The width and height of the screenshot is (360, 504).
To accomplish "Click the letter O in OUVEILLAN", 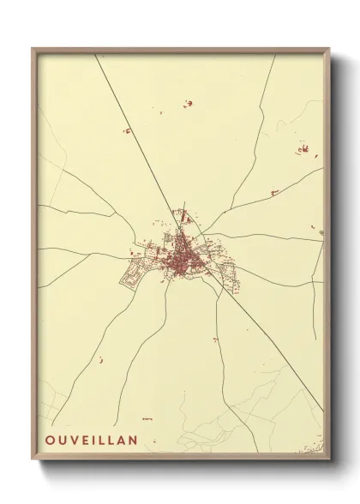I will coord(48,441).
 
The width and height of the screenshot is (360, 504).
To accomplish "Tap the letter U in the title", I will coord(60,441).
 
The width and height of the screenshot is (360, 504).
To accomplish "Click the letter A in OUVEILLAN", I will coord(120,441).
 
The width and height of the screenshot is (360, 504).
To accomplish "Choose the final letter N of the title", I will coord(133,441).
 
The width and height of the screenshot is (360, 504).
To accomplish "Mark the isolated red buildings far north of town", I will coord(188,104).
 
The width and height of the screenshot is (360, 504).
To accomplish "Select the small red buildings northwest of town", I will coord(127,131).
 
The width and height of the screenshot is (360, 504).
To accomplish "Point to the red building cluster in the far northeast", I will coord(303,151).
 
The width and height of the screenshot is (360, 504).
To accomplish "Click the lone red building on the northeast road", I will coord(274,193).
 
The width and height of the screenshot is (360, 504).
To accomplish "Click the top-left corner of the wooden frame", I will coord(33,49).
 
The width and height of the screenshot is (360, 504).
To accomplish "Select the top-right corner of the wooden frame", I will coord(328,49).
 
